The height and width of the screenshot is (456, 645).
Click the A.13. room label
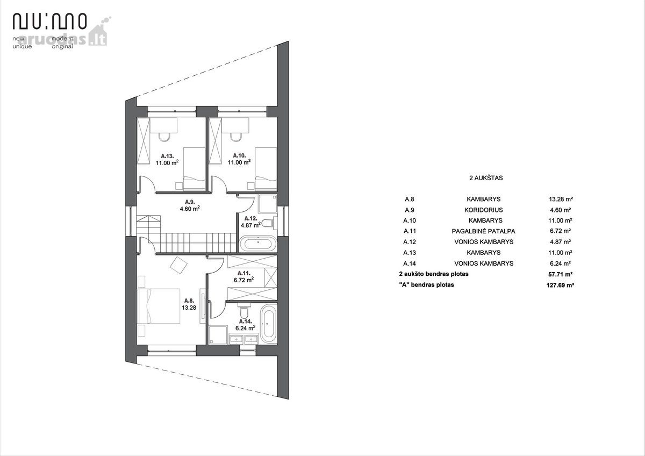click(167, 156)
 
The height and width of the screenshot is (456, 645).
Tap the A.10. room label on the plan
click(239, 155)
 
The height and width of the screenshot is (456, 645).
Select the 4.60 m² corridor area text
click(190, 209)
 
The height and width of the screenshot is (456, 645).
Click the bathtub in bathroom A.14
click(268, 324)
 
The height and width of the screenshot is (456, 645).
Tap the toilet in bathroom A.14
click(244, 310)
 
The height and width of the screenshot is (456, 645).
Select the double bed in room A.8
click(159, 306)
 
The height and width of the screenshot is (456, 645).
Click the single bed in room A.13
click(195, 169)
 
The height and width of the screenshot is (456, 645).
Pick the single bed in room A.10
click(266, 169)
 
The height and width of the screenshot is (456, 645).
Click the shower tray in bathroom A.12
click(268, 204)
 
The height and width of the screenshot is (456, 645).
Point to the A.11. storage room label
click(244, 273)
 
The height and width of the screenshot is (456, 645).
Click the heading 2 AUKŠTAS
click(486, 178)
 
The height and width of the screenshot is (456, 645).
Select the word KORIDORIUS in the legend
click(483, 210)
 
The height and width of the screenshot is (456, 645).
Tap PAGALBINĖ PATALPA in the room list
click(483, 231)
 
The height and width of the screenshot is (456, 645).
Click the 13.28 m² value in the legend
click(561, 199)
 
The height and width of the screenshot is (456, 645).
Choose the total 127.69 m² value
click(560, 285)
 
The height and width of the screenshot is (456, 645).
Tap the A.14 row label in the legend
click(410, 263)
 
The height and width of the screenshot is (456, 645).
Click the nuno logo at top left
click(49, 21)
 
